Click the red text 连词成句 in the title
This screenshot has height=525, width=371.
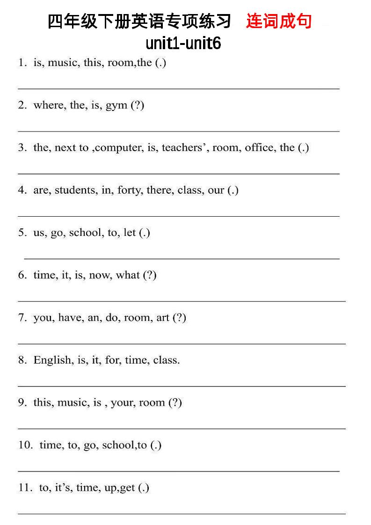(x=279, y=22)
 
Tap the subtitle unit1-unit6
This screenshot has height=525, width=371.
(x=183, y=44)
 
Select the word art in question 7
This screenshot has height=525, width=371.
(x=163, y=318)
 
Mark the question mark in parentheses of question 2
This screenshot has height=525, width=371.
(x=138, y=105)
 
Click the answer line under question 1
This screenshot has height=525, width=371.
(x=178, y=88)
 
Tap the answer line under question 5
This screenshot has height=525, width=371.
(x=182, y=258)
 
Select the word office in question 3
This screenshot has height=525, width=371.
(x=259, y=148)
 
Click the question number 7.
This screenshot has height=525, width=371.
(x=22, y=318)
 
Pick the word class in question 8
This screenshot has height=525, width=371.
(x=166, y=360)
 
